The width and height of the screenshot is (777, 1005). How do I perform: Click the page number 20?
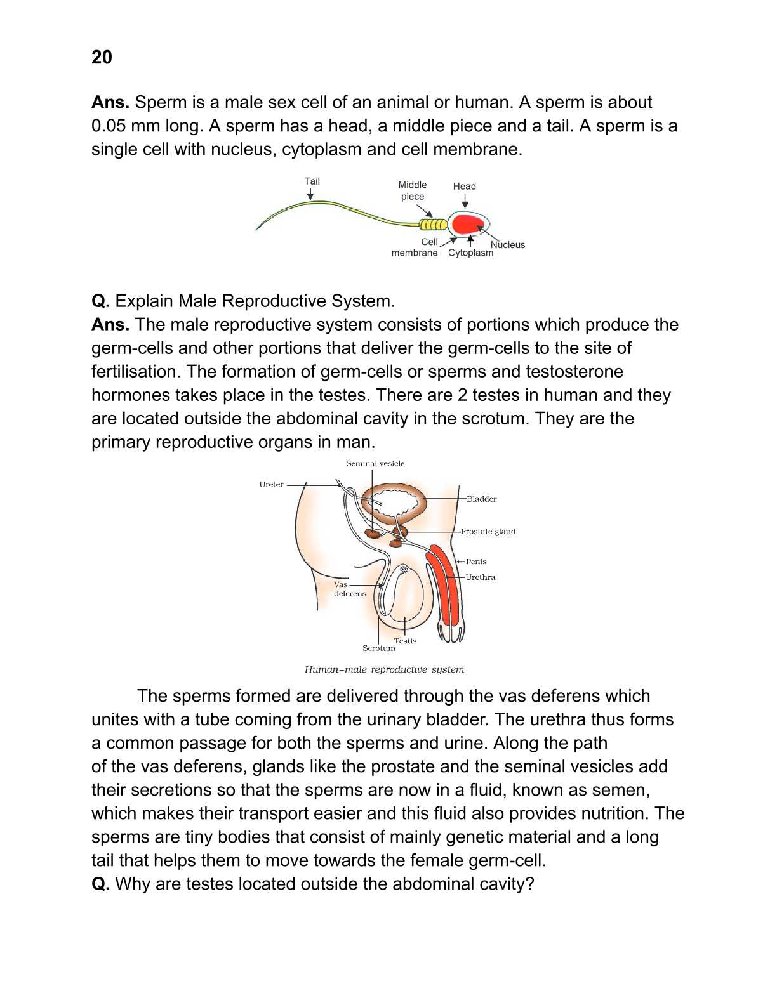click(102, 57)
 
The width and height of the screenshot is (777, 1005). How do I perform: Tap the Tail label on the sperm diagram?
click(312, 181)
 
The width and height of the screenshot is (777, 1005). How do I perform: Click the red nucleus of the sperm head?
click(468, 224)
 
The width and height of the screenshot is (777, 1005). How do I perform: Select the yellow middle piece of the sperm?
click(432, 224)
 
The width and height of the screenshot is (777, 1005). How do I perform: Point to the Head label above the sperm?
click(464, 186)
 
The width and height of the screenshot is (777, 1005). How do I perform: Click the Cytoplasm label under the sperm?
click(470, 253)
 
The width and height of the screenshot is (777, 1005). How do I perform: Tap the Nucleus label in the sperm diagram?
click(508, 245)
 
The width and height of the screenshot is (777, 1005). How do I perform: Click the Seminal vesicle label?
click(375, 463)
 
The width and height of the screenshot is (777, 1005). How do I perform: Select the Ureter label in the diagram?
click(271, 484)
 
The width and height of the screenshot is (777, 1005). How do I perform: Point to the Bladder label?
click(481, 499)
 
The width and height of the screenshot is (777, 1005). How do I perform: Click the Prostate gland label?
click(488, 532)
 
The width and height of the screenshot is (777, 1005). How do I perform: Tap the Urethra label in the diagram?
click(480, 577)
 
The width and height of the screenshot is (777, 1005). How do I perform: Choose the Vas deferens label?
click(349, 589)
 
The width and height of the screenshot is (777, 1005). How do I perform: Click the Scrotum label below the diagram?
click(378, 648)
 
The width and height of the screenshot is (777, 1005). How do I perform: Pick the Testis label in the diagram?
click(405, 640)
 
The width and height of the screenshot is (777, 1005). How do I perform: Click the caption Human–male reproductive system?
click(384, 669)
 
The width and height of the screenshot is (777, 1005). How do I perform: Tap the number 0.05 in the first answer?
click(109, 126)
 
